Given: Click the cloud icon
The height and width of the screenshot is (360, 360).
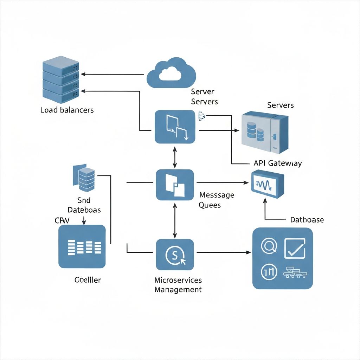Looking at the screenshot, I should pyautogui.click(x=171, y=72).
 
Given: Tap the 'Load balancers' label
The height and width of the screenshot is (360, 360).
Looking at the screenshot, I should pyautogui.click(x=67, y=110).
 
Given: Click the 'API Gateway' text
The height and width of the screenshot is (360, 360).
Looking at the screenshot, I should pyautogui.click(x=277, y=163).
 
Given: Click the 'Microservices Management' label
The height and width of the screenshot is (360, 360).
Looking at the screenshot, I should pyautogui.click(x=178, y=285).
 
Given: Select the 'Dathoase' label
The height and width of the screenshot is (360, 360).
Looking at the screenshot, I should pyautogui.click(x=307, y=220).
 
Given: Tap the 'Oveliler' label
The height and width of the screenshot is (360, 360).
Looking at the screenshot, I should pyautogui.click(x=88, y=280).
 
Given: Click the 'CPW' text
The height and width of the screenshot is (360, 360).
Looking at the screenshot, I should pyautogui.click(x=62, y=220).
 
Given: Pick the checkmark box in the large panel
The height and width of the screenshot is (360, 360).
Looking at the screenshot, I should pyautogui.click(x=295, y=248).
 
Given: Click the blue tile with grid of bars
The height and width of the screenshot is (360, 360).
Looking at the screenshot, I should pyautogui.click(x=82, y=247).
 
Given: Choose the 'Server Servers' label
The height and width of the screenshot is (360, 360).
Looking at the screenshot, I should pyautogui.click(x=204, y=97).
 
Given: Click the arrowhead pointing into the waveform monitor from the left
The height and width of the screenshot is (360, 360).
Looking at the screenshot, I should pyautogui.click(x=246, y=183).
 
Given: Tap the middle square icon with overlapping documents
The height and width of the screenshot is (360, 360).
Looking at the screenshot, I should pyautogui.click(x=175, y=185).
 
